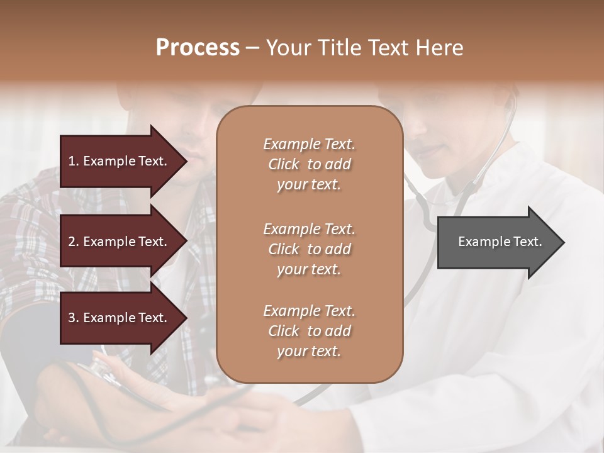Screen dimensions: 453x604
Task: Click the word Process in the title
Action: pos(198,48)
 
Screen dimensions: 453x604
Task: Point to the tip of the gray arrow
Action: pos(563,242)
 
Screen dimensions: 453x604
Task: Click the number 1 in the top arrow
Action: pos(72,161)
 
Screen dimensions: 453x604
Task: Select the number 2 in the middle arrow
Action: pos(72,242)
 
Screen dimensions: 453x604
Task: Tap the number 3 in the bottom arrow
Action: pos(72,318)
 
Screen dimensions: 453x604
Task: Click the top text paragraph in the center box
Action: pos(309,164)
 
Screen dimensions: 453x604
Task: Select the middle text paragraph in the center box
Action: pos(309,249)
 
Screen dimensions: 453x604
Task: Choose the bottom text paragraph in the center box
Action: pos(309,331)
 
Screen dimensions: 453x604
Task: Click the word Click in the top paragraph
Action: pos(283,164)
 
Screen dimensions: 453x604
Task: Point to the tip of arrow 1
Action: pos(186,161)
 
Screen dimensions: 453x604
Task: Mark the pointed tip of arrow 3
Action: pos(186,318)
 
